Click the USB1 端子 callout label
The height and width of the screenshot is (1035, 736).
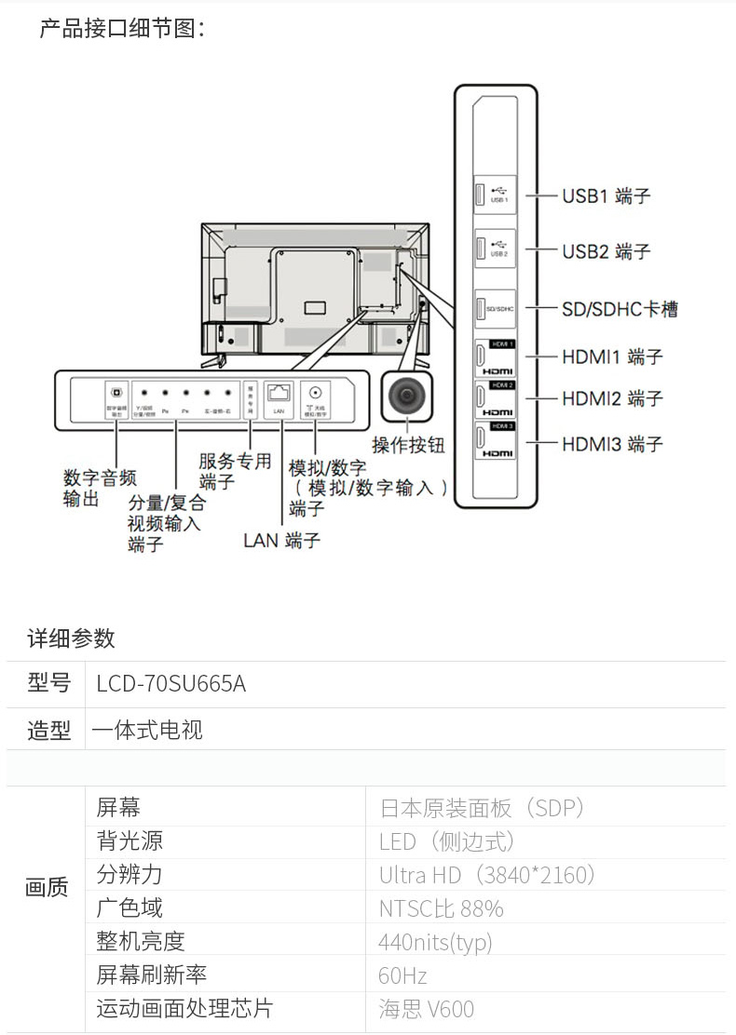click(x=606, y=196)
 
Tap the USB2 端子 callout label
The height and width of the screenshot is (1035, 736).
click(x=606, y=251)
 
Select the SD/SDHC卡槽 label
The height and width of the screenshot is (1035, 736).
click(x=620, y=308)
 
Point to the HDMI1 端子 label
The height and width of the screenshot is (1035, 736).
click(x=612, y=356)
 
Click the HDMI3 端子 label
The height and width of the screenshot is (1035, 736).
click(x=612, y=444)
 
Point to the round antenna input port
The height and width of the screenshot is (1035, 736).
click(x=316, y=393)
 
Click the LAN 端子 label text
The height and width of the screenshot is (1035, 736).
click(x=281, y=541)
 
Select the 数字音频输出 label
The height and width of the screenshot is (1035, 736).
click(x=99, y=489)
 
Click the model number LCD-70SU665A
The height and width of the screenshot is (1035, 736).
click(x=171, y=684)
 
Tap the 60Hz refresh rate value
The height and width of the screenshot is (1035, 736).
click(x=402, y=975)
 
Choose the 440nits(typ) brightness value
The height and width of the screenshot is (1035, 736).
click(x=435, y=942)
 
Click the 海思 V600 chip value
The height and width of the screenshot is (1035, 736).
click(x=426, y=1009)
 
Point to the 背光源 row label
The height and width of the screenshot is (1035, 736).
click(x=129, y=841)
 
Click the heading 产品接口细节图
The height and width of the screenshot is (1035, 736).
click(x=121, y=29)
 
